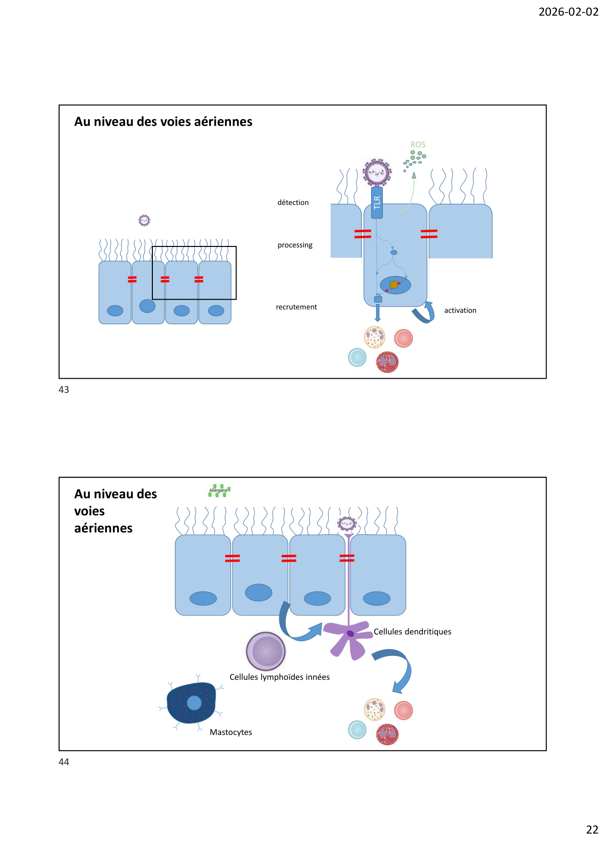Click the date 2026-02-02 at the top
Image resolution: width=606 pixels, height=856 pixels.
(x=568, y=12)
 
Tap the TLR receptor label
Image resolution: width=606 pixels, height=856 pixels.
(x=376, y=202)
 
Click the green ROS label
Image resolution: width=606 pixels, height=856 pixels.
(x=418, y=144)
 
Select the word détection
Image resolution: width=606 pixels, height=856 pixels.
(x=293, y=203)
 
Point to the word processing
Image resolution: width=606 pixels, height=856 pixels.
(x=295, y=245)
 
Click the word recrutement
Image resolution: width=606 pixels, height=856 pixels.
(x=296, y=307)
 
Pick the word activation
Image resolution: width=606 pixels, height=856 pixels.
(x=460, y=310)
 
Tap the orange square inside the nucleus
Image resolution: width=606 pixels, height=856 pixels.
(x=394, y=285)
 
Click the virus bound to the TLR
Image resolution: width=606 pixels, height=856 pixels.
(x=377, y=172)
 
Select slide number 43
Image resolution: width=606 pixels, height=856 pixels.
(x=64, y=389)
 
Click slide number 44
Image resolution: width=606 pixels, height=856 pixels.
(x=64, y=762)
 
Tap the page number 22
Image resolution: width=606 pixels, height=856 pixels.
(x=592, y=830)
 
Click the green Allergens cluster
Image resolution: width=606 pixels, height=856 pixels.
(x=219, y=491)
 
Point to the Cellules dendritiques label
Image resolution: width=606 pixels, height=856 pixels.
(x=412, y=632)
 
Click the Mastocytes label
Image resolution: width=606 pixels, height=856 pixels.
(x=230, y=732)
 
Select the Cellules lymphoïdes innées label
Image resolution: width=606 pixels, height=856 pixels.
(x=279, y=677)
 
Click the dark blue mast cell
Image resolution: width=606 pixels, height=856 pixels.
(x=191, y=703)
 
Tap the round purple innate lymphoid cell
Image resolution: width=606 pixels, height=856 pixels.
(x=266, y=651)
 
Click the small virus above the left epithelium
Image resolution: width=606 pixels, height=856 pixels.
(x=144, y=221)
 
